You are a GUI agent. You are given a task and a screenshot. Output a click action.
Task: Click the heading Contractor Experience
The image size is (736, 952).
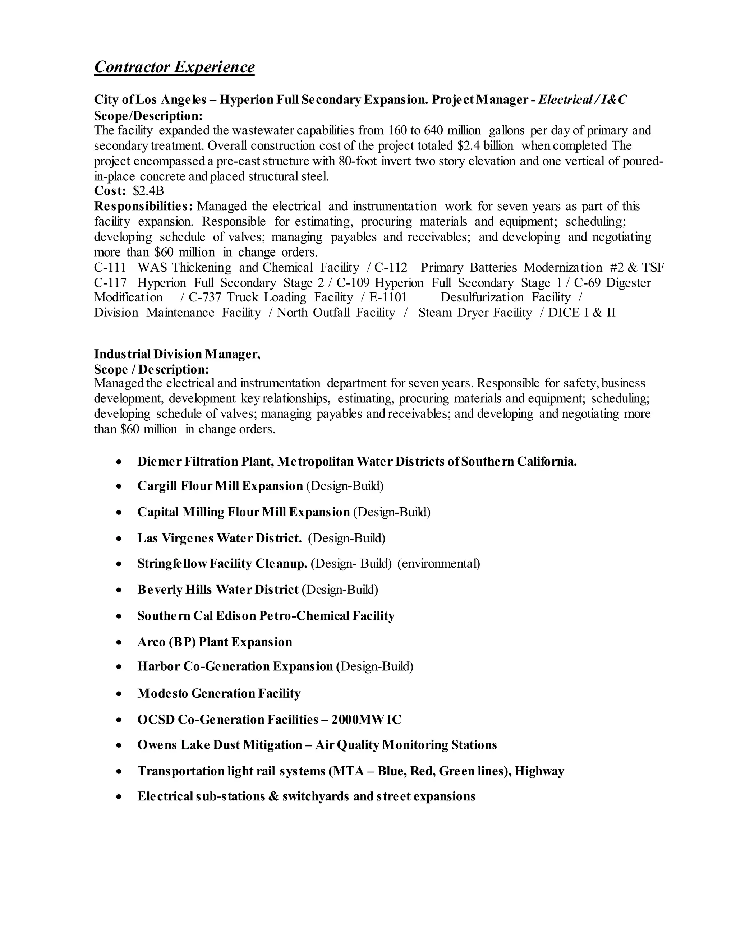(x=174, y=67)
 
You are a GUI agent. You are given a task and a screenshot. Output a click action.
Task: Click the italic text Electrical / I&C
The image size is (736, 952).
(x=582, y=100)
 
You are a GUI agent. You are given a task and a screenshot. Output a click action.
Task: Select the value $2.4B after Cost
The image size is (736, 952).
(x=148, y=191)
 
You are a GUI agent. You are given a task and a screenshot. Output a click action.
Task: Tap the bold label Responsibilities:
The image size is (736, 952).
(x=143, y=206)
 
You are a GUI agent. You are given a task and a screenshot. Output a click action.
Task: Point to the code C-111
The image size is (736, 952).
(x=110, y=268)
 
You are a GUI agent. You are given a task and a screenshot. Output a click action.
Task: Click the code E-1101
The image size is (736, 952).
(x=388, y=298)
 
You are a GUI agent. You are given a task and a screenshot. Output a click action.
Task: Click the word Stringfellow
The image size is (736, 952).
(x=172, y=564)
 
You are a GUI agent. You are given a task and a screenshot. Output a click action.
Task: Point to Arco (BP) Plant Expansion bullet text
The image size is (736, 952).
(x=215, y=642)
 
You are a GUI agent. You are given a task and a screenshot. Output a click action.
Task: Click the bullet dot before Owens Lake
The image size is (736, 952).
(x=119, y=746)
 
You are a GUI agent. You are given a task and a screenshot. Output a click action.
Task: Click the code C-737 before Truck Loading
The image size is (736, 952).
(x=205, y=298)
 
